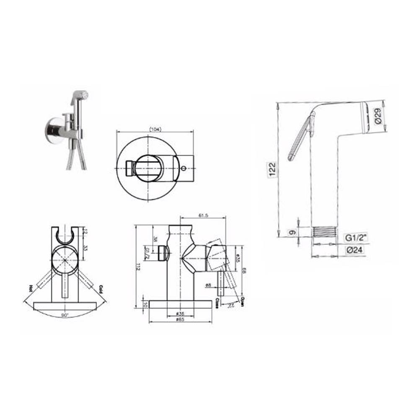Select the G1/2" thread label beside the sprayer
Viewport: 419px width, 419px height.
(356, 238)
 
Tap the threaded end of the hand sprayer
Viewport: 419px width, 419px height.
(325, 232)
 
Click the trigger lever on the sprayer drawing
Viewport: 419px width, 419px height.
(299, 138)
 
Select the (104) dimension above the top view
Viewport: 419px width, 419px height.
(155, 129)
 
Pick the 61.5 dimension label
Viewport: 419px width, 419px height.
(203, 216)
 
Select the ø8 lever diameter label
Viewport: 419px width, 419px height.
(208, 286)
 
